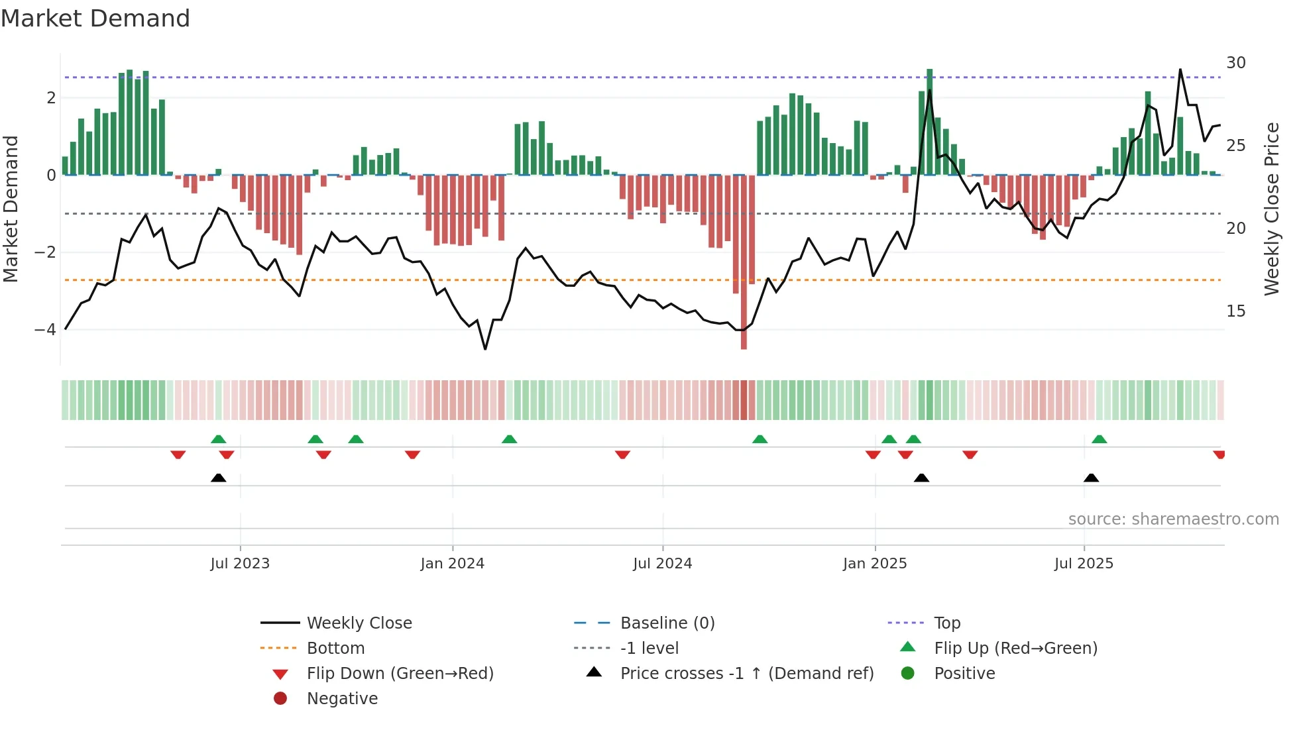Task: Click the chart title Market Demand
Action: [95, 19]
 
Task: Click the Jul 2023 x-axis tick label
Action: [240, 564]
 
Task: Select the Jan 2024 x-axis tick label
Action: [452, 564]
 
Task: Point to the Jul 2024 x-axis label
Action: [662, 564]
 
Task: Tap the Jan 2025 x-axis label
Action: [875, 564]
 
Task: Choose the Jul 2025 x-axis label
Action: [1084, 564]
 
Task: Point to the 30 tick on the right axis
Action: [1235, 63]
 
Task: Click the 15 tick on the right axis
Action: [1235, 311]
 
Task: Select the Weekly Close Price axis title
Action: [1271, 209]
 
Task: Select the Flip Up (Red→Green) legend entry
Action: [1015, 648]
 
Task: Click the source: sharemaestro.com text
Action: [1173, 519]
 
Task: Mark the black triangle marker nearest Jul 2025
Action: [1091, 478]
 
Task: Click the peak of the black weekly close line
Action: [1180, 70]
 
